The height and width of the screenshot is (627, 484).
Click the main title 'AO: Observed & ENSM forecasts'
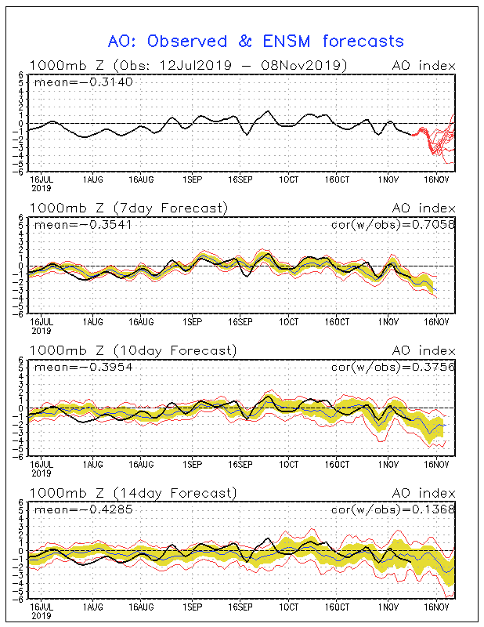(256, 42)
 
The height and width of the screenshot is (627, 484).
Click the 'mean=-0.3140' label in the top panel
(84, 82)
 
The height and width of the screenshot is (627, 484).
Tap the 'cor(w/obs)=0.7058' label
(393, 225)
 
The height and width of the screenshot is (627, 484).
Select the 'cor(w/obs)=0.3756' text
(393, 367)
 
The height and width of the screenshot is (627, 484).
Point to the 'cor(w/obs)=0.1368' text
(393, 509)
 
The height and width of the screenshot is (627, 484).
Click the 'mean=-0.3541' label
(83, 225)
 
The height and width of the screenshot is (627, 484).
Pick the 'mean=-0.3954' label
(84, 367)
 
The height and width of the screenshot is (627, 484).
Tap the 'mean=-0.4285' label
(84, 509)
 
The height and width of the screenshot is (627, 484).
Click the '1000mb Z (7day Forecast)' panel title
(128, 208)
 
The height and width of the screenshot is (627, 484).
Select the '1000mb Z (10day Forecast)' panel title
(133, 350)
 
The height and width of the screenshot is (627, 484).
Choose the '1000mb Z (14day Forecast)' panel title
(133, 493)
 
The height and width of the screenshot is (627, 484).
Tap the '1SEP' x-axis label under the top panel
(193, 179)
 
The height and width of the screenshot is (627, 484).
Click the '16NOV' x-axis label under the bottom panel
(436, 607)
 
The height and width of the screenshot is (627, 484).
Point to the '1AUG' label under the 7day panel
(93, 322)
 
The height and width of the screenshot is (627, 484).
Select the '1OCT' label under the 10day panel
(289, 464)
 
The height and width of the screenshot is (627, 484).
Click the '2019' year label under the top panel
(42, 188)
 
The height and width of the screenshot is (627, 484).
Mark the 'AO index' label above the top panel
(424, 66)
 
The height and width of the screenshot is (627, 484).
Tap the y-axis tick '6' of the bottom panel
(21, 502)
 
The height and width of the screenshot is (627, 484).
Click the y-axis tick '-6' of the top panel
(20, 172)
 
